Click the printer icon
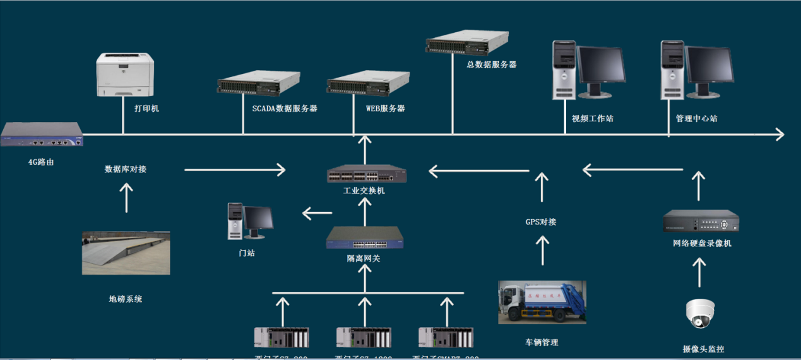click(126, 75)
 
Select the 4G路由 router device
click(42, 135)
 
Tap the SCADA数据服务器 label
click(285, 109)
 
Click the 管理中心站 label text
click(696, 119)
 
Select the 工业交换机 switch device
click(366, 174)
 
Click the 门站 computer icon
click(250, 221)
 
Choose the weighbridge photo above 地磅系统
click(126, 253)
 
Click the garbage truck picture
click(542, 303)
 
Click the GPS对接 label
click(541, 222)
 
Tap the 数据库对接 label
click(126, 169)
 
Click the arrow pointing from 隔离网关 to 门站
click(317, 213)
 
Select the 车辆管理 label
click(542, 343)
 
